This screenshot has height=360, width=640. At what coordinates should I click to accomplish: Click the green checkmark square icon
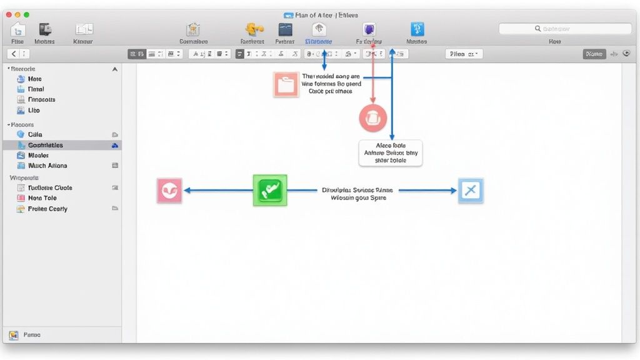(x=270, y=190)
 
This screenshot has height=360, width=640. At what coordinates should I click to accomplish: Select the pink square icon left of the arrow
(x=169, y=190)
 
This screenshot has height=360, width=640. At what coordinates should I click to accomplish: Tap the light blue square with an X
(x=470, y=191)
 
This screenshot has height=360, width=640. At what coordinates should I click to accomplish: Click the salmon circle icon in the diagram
(x=373, y=118)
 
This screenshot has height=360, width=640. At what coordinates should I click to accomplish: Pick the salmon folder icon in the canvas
(x=286, y=84)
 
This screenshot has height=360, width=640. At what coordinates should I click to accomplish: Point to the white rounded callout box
(x=391, y=152)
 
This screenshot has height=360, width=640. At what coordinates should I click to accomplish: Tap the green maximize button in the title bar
(x=26, y=14)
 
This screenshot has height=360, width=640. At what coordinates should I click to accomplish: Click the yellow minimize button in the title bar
(x=17, y=14)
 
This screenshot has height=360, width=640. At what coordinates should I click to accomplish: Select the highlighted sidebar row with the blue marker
(x=62, y=145)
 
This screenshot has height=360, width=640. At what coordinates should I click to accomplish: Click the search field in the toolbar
(x=564, y=29)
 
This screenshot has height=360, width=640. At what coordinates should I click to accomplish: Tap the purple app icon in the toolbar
(x=369, y=29)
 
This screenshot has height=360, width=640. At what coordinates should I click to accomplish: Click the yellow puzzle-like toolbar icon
(x=252, y=29)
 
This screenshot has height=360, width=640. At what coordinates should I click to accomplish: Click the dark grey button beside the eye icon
(x=594, y=54)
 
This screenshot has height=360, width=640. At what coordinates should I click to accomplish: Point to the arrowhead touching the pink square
(x=186, y=191)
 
